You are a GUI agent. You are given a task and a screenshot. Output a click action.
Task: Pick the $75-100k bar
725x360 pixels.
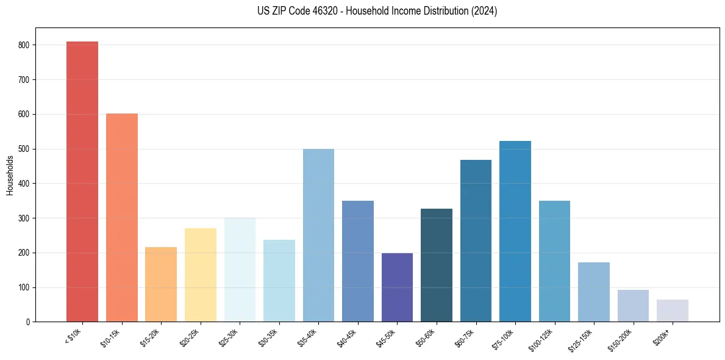coord(515,232)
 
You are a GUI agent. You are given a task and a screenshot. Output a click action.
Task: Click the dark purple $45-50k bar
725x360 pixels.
coord(397,287)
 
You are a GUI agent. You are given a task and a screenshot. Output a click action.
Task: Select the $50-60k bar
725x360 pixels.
coord(437,265)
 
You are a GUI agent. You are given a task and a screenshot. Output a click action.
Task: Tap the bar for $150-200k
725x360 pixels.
coord(633,306)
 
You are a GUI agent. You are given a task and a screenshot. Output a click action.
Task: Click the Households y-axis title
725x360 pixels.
coord(10,175)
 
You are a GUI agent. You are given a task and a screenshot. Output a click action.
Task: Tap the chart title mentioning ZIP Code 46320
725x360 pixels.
coord(362,11)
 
